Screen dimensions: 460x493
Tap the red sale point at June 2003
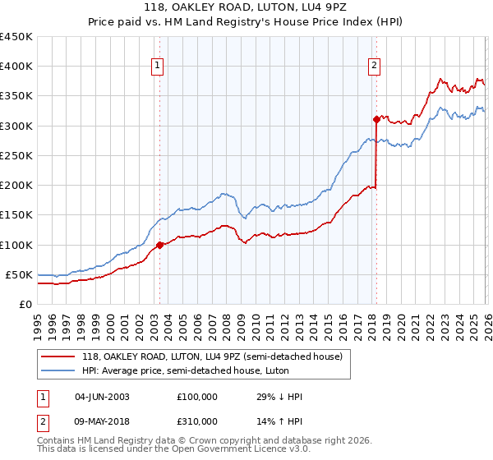click(159, 245)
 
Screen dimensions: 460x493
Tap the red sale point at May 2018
click(376, 119)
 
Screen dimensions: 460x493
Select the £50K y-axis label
click(19, 274)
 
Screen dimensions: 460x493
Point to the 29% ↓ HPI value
click(279, 397)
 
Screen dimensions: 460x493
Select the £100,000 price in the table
click(197, 397)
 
